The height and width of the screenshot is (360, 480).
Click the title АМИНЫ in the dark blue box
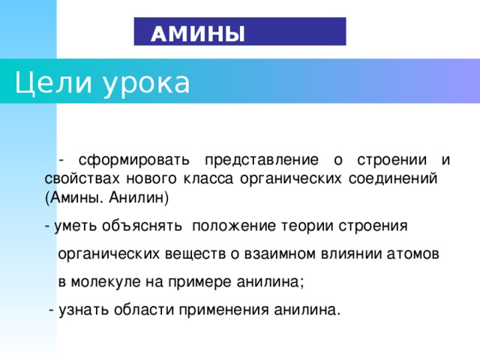197,34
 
